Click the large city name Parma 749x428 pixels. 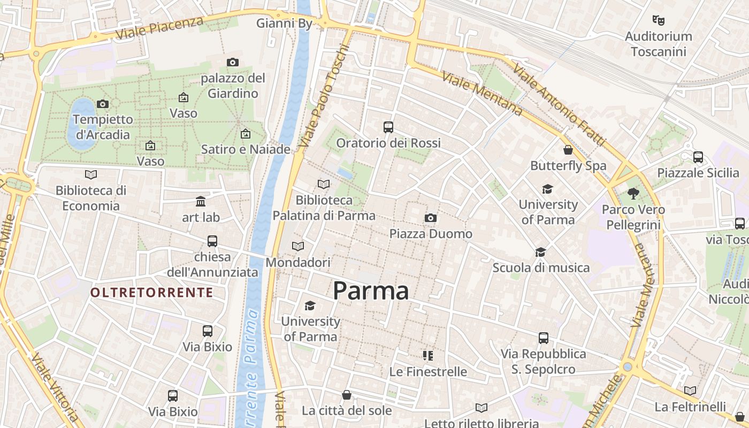pyautogui.click(x=371, y=291)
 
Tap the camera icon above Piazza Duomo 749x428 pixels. pyautogui.click(x=431, y=218)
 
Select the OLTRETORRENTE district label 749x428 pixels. pyautogui.click(x=151, y=293)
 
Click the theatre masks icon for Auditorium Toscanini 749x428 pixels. pyautogui.click(x=659, y=20)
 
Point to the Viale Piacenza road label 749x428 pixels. pyautogui.click(x=159, y=27)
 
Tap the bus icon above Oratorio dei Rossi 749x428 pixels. pyautogui.click(x=388, y=127)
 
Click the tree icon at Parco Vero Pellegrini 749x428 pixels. pyautogui.click(x=633, y=194)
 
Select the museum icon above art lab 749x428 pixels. pyautogui.click(x=201, y=202)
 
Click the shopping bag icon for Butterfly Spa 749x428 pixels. pyautogui.click(x=568, y=150)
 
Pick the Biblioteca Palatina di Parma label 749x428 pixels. pyautogui.click(x=324, y=208)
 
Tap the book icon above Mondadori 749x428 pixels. pyautogui.click(x=298, y=246)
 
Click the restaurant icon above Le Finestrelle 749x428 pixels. pyautogui.click(x=427, y=355)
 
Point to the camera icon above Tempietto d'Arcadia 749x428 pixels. pyautogui.click(x=103, y=104)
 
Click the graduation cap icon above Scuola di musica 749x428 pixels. pyautogui.click(x=541, y=252)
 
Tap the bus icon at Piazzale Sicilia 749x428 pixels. pyautogui.click(x=698, y=157)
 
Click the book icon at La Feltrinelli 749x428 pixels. pyautogui.click(x=690, y=391)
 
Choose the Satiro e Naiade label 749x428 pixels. pyautogui.click(x=246, y=149)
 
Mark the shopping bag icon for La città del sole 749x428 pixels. pyautogui.click(x=347, y=395)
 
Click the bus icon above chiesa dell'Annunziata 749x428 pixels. pyautogui.click(x=212, y=241)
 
